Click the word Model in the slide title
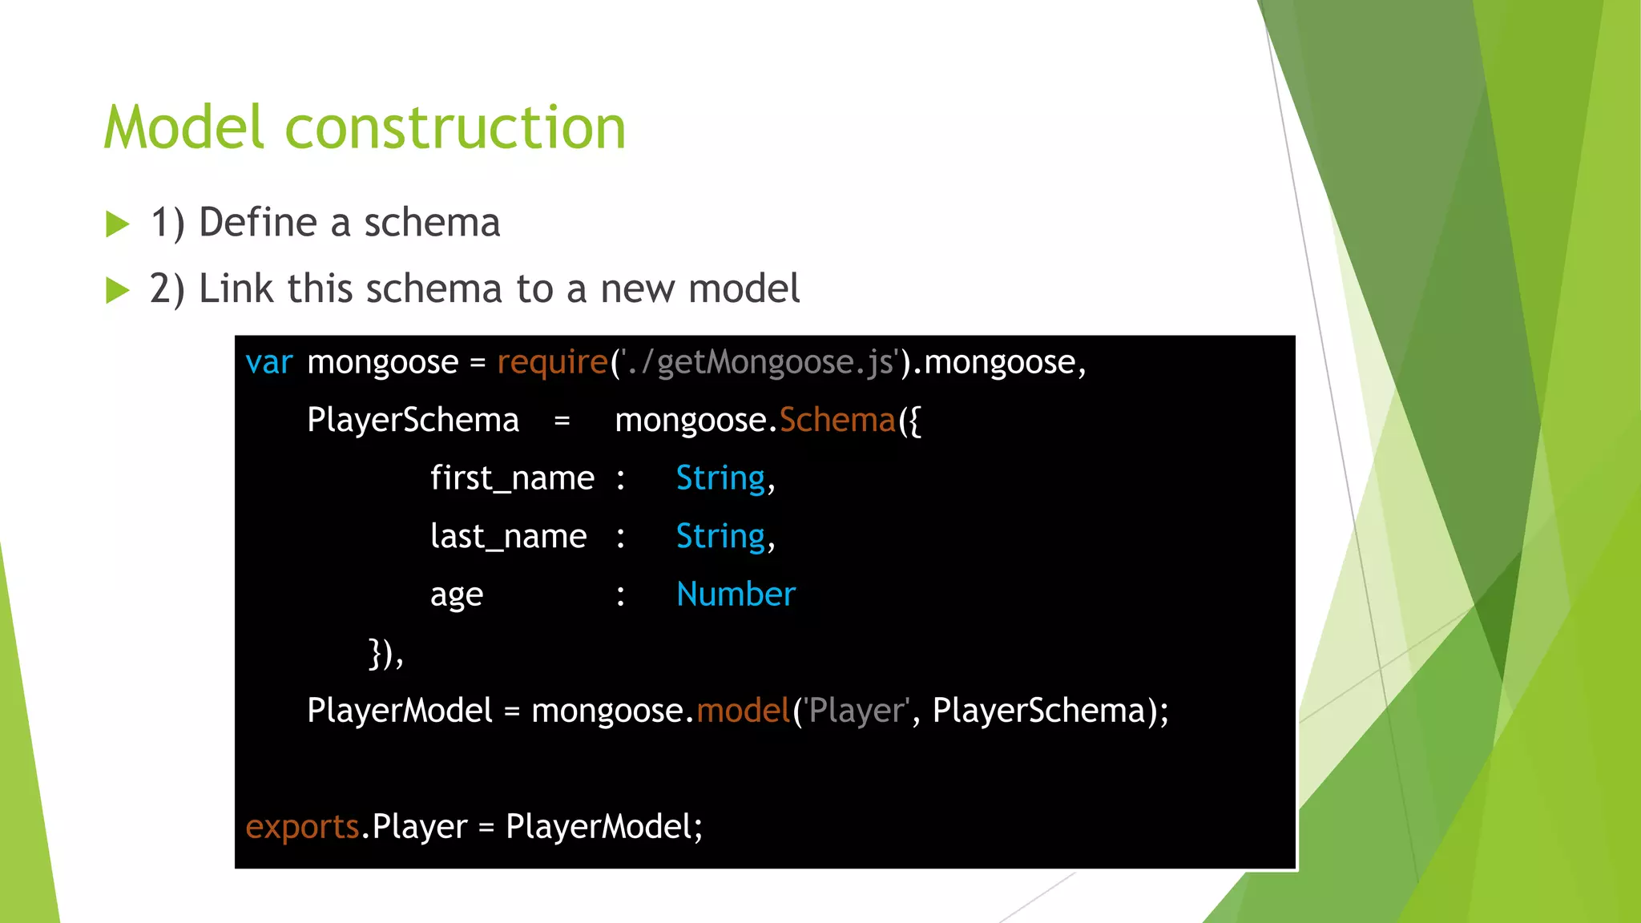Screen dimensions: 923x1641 [x=183, y=127]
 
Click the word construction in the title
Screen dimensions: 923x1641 [x=455, y=128]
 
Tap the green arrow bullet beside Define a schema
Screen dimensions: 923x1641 [x=117, y=224]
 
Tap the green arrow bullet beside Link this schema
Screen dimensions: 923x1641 [x=117, y=290]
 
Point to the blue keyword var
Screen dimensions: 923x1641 [x=269, y=363]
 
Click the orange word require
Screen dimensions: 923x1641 [x=552, y=363]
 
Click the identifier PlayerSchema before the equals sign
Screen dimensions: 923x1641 [x=413, y=421]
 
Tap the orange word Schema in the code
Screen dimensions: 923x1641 [x=837, y=421]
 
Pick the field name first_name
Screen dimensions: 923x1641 [x=512, y=479]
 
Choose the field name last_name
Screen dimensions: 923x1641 [x=508, y=537]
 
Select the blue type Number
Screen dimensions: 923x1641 [x=736, y=595]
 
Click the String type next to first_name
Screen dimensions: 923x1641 [x=720, y=479]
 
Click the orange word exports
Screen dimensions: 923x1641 [x=302, y=827]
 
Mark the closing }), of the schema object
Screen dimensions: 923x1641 [x=385, y=654]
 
